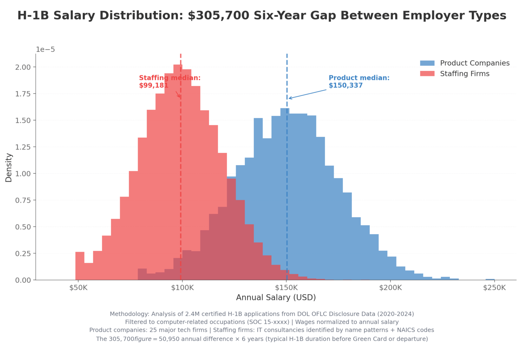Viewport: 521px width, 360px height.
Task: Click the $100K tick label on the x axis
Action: [x=182, y=288]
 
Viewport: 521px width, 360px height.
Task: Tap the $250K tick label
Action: [x=494, y=288]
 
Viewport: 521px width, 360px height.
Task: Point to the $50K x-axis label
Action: [x=78, y=288]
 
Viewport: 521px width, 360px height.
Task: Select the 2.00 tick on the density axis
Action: [x=23, y=67]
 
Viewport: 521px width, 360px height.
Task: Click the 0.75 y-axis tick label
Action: [x=23, y=200]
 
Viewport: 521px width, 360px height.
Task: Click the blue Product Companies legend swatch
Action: [x=427, y=63]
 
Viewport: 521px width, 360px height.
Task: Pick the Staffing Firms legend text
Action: [x=464, y=74]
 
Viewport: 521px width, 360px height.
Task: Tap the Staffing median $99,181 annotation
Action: [x=169, y=82]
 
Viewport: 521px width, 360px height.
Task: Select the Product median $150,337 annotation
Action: [x=359, y=82]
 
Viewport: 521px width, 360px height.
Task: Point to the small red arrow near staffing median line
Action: [x=178, y=94]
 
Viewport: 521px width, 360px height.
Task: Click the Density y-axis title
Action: [x=9, y=167]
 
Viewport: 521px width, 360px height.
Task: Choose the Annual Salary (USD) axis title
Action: [x=276, y=298]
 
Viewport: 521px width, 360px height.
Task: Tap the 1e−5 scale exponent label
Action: [x=45, y=49]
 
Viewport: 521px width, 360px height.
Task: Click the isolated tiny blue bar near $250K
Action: [x=490, y=279]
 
